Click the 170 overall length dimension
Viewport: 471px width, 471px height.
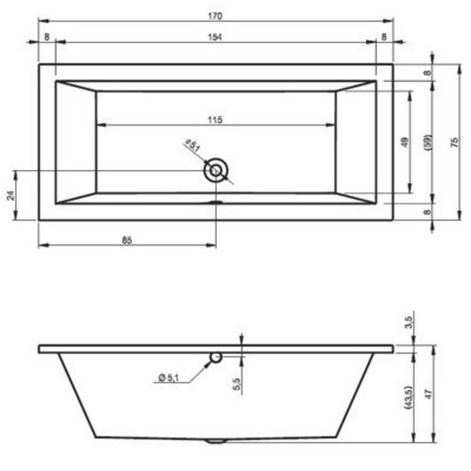click(216, 16)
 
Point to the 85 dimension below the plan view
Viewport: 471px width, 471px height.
click(127, 240)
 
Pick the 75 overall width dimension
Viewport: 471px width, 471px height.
click(454, 142)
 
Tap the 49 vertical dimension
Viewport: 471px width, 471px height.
click(405, 142)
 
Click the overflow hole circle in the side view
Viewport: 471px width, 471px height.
click(216, 357)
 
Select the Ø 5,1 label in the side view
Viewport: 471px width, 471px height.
click(167, 378)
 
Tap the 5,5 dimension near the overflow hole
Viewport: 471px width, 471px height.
click(237, 384)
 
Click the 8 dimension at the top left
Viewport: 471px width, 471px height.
click(47, 37)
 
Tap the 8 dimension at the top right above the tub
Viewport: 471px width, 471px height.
click(384, 37)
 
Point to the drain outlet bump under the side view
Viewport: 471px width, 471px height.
click(215, 441)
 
